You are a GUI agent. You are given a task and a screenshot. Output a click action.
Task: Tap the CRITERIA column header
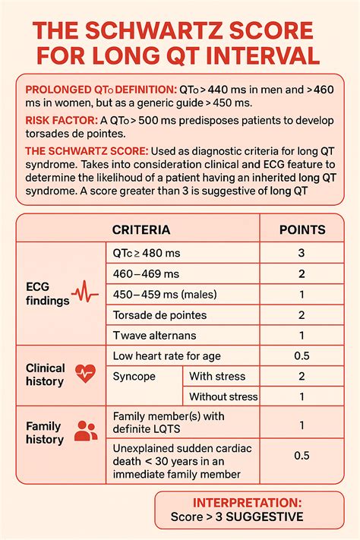(x=141, y=229)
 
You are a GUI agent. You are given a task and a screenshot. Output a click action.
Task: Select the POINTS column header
(x=302, y=229)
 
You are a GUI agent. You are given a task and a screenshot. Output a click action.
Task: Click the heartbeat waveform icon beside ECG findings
(x=84, y=292)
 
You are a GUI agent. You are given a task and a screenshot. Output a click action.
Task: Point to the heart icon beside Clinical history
(x=85, y=372)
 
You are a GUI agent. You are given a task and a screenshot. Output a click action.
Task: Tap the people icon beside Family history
(x=85, y=432)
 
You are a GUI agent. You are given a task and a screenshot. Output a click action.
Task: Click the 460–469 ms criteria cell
(x=146, y=273)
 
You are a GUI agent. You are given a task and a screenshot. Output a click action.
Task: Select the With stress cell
(x=216, y=376)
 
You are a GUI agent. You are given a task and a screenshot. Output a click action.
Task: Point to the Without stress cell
(x=223, y=396)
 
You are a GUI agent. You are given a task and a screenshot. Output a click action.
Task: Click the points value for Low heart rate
(x=302, y=355)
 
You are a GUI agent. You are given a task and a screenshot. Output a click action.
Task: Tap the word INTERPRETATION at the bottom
(x=247, y=503)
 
